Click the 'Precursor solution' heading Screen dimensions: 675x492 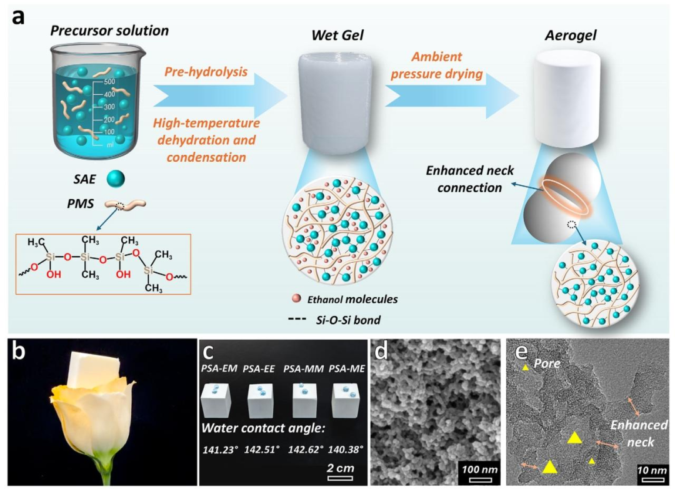(x=109, y=31)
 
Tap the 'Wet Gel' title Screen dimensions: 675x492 (x=337, y=35)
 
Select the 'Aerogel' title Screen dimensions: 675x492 (x=571, y=35)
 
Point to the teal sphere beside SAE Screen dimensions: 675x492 (x=116, y=179)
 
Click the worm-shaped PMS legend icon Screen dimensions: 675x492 (x=125, y=205)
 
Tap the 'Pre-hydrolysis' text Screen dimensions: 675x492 (x=206, y=71)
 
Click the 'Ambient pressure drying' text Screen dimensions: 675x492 (x=436, y=66)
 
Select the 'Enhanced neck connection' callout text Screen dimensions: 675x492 (x=469, y=179)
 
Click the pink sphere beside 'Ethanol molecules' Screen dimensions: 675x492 (x=296, y=298)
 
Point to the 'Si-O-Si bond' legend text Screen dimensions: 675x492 (x=348, y=320)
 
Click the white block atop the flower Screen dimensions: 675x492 (x=93, y=368)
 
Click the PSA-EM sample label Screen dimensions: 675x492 (x=219, y=368)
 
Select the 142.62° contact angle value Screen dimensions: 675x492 (x=306, y=450)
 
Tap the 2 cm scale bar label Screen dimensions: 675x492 (x=341, y=468)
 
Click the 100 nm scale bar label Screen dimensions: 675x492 (x=479, y=470)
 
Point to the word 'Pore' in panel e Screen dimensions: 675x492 (x=547, y=363)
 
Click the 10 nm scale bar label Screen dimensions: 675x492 (x=652, y=470)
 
